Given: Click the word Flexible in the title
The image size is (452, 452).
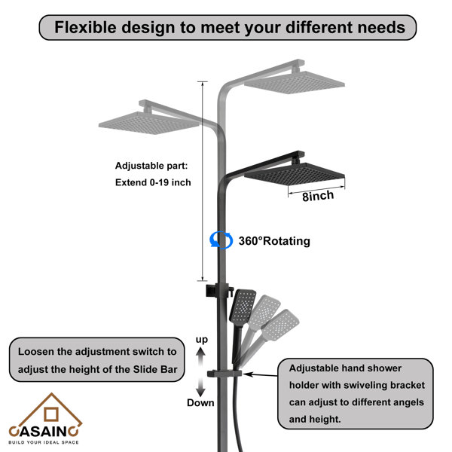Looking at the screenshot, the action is [85, 27].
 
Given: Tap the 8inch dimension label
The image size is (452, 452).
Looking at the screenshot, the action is [318, 196].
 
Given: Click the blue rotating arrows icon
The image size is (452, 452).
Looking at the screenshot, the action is [221, 240].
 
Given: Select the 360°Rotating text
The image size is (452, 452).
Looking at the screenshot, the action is [274, 241].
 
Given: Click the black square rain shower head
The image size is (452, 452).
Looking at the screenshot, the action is [295, 173].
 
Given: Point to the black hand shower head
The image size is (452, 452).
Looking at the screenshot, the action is [243, 306].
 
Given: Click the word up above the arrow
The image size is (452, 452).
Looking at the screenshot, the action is [201, 340].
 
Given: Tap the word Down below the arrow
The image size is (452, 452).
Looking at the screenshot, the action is [200, 403].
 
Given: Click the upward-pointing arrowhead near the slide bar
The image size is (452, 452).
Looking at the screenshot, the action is [201, 351].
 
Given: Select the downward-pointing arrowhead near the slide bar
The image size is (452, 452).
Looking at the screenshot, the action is [200, 392].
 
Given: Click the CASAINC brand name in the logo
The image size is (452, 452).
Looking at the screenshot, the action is [44, 431].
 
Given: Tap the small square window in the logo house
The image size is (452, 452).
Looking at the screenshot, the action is [51, 414].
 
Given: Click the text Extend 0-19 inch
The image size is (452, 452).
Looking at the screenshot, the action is [153, 182].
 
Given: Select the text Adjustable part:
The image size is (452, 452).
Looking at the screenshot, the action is [151, 166].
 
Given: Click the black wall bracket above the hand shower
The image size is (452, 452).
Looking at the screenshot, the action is [219, 290].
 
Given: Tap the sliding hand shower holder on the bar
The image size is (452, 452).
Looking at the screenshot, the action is [224, 374].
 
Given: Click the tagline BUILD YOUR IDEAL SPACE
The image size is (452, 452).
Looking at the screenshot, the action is [44, 442].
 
